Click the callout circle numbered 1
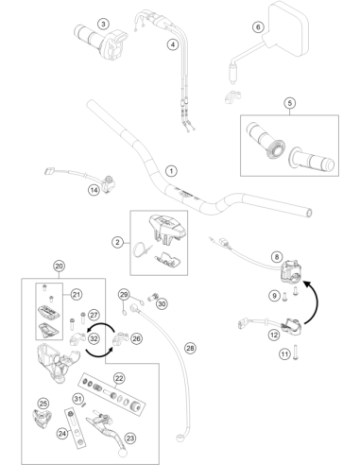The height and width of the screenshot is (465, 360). (171, 171)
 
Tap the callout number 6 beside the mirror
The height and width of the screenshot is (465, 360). (258, 27)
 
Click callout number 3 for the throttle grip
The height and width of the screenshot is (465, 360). (103, 24)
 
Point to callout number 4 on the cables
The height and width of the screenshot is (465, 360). (173, 44)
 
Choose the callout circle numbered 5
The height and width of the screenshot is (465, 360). (290, 103)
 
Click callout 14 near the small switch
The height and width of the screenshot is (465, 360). (94, 190)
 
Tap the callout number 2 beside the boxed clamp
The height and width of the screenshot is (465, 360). (118, 242)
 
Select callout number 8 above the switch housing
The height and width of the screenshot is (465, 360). (277, 257)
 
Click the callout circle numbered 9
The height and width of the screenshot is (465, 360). (275, 296)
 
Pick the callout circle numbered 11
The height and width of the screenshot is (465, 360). (284, 354)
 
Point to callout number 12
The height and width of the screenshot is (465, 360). (274, 335)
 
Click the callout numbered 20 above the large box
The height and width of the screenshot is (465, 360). (60, 267)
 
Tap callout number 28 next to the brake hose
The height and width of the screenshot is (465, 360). (190, 348)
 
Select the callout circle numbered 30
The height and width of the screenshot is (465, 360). (162, 303)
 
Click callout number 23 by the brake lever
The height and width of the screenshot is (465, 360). (130, 439)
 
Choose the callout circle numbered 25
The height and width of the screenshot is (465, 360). (43, 404)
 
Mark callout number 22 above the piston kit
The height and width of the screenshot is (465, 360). (119, 378)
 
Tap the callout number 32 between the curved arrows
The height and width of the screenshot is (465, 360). (94, 339)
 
